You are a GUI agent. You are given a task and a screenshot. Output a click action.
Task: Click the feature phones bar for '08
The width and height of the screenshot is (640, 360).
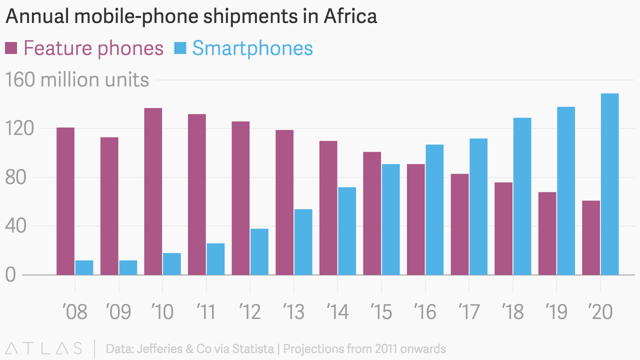point(65,201)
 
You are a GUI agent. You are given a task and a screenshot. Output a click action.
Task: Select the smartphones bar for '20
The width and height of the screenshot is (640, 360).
point(609,184)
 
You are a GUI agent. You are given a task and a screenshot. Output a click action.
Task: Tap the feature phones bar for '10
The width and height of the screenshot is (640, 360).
point(153,191)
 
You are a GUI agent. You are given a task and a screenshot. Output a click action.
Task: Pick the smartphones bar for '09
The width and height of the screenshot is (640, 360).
point(128,267)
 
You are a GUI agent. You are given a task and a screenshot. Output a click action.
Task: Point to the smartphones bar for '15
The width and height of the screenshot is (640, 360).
point(390,219)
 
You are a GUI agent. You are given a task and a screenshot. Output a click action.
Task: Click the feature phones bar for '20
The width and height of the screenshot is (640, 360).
point(591,237)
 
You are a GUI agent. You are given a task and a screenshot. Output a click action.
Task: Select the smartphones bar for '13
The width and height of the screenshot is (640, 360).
point(303,242)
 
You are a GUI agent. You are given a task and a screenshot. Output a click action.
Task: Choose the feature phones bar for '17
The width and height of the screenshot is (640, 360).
point(459,224)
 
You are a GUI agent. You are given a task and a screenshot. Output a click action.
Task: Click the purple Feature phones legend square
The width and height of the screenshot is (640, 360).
point(11,48)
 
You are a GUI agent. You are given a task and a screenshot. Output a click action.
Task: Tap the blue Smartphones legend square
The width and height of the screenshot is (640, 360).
point(180,48)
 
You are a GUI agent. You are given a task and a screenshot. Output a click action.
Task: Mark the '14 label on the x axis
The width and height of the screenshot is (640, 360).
point(337,312)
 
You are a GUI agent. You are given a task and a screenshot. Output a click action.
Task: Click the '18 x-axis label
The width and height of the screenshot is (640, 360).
point(512,312)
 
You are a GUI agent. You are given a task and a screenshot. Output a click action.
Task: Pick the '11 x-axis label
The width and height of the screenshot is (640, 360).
point(205,312)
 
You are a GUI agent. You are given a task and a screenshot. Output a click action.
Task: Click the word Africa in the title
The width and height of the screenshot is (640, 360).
point(350,16)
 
